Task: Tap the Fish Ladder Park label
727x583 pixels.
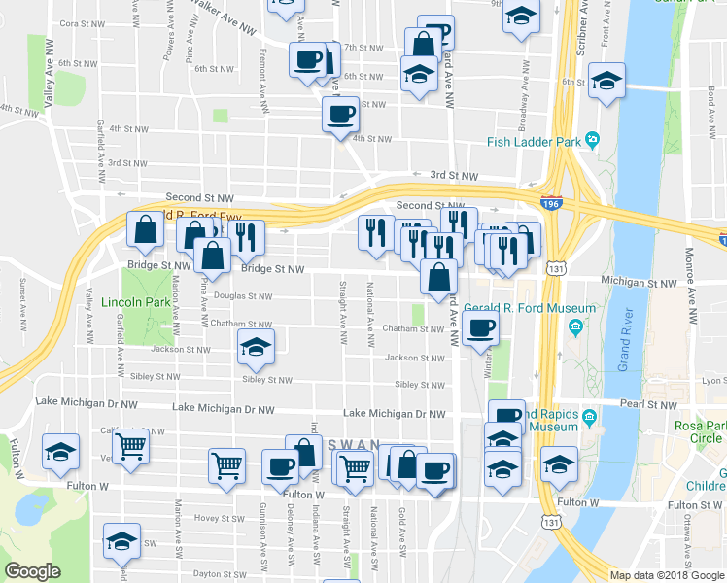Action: click(534, 142)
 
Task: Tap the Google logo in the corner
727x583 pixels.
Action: click(32, 570)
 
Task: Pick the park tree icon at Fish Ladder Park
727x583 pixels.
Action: click(591, 142)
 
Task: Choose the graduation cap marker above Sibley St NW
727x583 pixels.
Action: click(257, 348)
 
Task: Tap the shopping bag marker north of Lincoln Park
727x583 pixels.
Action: click(146, 231)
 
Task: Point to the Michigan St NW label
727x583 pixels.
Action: click(639, 283)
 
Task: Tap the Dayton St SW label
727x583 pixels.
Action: click(220, 573)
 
